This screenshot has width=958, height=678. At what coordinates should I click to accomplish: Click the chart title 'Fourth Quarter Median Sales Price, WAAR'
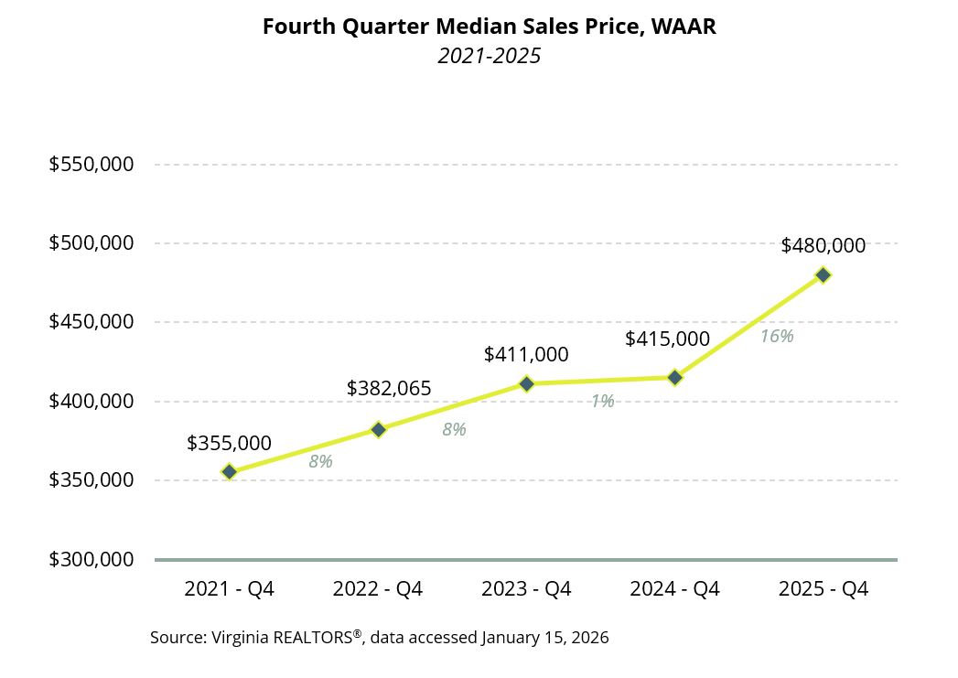click(x=489, y=27)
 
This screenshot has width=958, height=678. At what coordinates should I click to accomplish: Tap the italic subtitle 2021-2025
click(x=489, y=56)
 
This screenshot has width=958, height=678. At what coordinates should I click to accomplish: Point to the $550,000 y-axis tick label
click(x=91, y=165)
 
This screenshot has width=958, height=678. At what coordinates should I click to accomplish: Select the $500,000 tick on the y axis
click(x=91, y=243)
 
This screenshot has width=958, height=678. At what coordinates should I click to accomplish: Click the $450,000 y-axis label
click(x=91, y=322)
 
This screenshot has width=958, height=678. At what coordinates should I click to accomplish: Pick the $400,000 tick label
click(x=91, y=401)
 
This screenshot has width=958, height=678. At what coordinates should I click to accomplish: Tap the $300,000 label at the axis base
click(x=91, y=559)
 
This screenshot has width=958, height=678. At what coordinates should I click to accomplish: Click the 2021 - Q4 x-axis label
click(x=229, y=588)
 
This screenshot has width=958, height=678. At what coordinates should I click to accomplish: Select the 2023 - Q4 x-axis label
click(x=526, y=588)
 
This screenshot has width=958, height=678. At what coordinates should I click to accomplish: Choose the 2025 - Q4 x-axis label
click(x=823, y=588)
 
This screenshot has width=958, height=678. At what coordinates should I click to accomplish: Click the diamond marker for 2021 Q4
click(x=230, y=472)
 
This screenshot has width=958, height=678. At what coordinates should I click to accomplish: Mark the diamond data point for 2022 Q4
click(x=378, y=429)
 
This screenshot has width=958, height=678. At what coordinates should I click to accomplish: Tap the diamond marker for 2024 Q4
click(x=675, y=377)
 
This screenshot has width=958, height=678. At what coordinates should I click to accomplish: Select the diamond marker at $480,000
click(x=823, y=274)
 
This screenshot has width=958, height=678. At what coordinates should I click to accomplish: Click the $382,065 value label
click(x=389, y=389)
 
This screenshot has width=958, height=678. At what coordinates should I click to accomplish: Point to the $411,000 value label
click(x=526, y=355)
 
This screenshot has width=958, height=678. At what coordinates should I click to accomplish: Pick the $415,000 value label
click(x=667, y=339)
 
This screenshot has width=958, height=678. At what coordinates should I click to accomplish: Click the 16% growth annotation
click(x=777, y=337)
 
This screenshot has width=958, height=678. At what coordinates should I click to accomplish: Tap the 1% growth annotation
click(x=602, y=401)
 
